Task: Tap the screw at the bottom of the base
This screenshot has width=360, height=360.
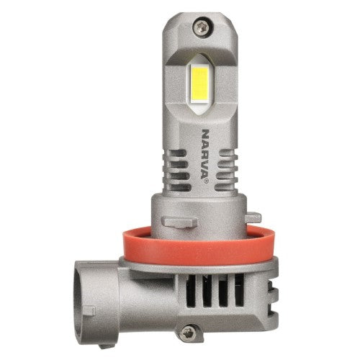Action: coord(188,333)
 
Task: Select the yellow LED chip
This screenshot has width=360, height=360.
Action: coord(200,83)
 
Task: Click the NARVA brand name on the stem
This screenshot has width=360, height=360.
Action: coord(204,153)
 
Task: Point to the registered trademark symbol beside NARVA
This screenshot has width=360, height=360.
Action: coord(207,182)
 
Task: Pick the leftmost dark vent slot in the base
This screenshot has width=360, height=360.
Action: coord(191,290)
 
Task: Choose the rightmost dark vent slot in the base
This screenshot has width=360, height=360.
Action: coord(239,290)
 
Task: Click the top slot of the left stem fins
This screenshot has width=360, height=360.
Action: coord(177,153)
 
